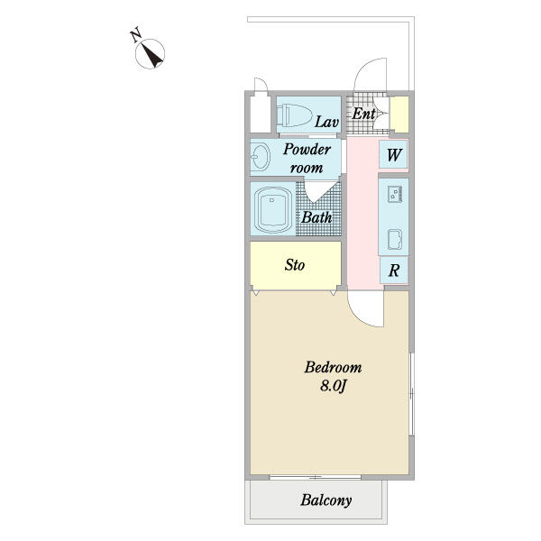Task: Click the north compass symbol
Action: (x=150, y=54)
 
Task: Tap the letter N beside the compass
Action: (x=135, y=35)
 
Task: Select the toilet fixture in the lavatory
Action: (x=295, y=115)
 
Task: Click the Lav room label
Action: (x=326, y=122)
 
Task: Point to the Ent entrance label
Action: (x=363, y=114)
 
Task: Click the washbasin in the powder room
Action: (x=261, y=157)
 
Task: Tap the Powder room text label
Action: (x=307, y=159)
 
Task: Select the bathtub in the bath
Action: (x=272, y=210)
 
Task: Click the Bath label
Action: (x=316, y=217)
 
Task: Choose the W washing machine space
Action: (x=394, y=154)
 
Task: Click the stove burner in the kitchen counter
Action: (x=395, y=194)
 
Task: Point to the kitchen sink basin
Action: (x=395, y=239)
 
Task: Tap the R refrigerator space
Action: (x=394, y=270)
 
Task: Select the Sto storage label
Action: (x=295, y=265)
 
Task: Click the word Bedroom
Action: (x=333, y=367)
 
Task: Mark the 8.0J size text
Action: (x=333, y=386)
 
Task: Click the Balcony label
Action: (x=326, y=500)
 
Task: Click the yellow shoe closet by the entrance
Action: (x=399, y=115)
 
